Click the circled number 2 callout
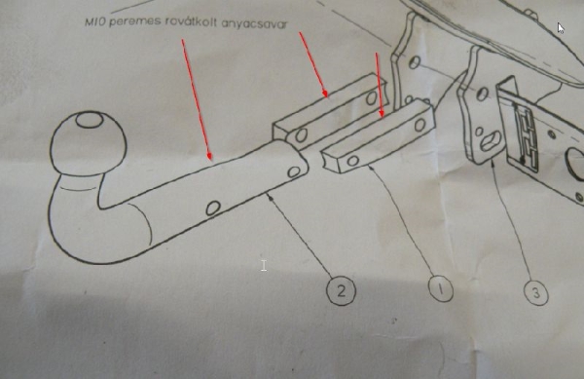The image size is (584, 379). click(341, 290)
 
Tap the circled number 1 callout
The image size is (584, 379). click(441, 288)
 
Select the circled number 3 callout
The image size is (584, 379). click(536, 293)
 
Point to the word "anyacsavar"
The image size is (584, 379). click(255, 23)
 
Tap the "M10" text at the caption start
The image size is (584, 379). click(95, 21)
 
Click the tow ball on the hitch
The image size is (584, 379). click(89, 143)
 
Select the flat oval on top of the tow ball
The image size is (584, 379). click(91, 120)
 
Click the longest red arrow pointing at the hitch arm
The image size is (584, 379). click(197, 100)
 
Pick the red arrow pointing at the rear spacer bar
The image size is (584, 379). click(313, 65)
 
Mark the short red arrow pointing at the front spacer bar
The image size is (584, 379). click(380, 85)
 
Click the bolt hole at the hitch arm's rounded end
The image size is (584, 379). click(294, 171)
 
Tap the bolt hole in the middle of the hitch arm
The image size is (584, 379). click(213, 208)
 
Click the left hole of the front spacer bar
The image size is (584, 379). click(352, 161)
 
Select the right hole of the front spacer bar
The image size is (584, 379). click(420, 125)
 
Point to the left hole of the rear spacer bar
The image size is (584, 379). click(301, 135)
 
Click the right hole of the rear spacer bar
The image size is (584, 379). click(372, 98)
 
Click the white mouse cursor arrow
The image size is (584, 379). click(561, 28)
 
